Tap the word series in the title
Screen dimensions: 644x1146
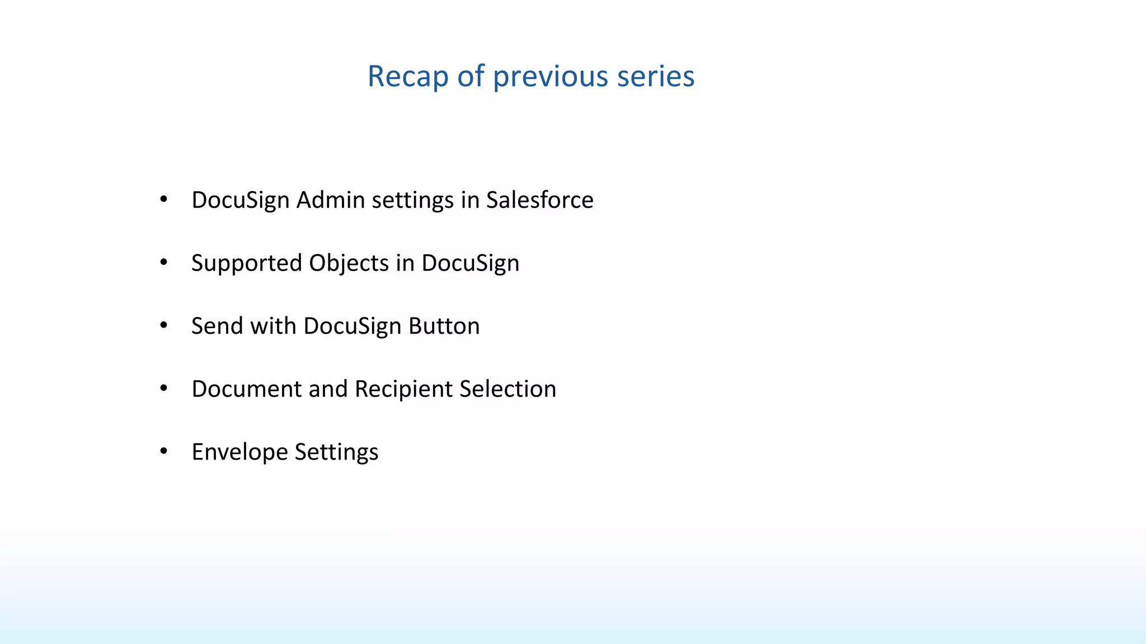tap(655, 77)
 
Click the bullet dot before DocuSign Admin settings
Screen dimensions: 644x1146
tap(163, 199)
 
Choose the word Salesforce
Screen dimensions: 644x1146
tap(539, 200)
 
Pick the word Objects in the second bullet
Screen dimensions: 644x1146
tap(349, 263)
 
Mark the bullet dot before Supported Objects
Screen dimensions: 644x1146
tap(163, 262)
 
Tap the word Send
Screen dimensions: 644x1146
tap(217, 326)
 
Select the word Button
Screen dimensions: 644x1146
tap(444, 326)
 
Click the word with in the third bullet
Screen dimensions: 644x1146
tap(273, 326)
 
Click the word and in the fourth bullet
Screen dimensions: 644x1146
tap(327, 389)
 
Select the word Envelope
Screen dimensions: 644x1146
tap(239, 452)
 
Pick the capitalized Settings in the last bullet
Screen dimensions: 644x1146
tap(336, 452)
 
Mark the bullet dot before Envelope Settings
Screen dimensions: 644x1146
tap(163, 451)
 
